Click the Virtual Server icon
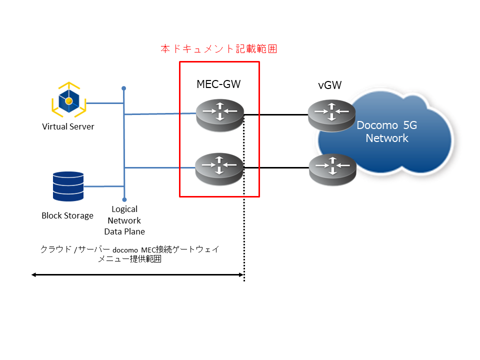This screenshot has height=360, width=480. pos(69,100)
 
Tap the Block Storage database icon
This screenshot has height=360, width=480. pos(68,186)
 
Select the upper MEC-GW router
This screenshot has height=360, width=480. pos(220,115)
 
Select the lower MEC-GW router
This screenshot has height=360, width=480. pos(219,169)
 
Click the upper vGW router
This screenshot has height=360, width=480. pos(331,115)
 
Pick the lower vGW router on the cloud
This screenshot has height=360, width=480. pos(333,170)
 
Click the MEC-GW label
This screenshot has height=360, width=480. pos(218,84)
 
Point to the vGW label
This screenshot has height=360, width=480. pos(329,85)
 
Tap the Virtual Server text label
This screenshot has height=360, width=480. pos(68,126)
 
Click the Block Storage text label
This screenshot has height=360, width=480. pos(67,216)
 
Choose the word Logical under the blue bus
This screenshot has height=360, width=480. pos(124,209)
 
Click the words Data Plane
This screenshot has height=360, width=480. pos(124,231)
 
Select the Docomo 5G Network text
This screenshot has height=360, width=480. pos(387,131)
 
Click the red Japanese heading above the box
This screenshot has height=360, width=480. pos(219,48)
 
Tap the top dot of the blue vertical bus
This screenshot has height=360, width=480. pos(123,88)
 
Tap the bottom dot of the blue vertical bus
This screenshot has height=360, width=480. pos(124,199)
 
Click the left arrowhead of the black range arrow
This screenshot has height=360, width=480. pos(33,275)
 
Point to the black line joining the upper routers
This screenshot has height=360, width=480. pos(276,115)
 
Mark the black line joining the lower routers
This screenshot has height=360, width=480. pos(276,168)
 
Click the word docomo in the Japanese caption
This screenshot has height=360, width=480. pos(125,250)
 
